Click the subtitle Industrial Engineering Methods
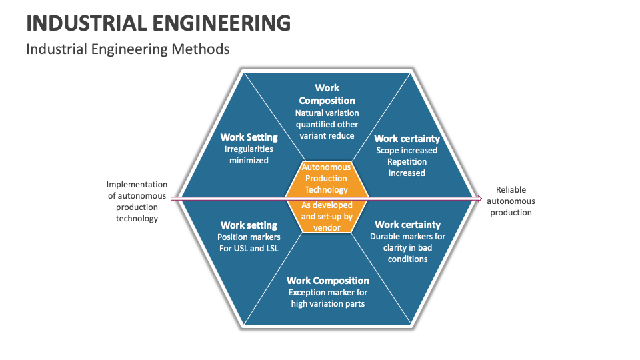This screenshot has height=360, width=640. [x=127, y=49]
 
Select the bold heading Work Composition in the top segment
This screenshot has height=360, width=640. [x=327, y=94]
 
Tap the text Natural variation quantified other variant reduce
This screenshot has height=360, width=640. [x=327, y=125]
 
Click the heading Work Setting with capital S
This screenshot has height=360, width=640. [x=249, y=137]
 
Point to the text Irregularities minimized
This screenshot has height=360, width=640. [x=249, y=155]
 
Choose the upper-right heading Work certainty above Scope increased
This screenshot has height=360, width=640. [x=407, y=139]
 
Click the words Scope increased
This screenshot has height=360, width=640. [x=407, y=151]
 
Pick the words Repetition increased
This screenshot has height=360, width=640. [x=407, y=167]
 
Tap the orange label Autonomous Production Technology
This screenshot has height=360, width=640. [x=326, y=178]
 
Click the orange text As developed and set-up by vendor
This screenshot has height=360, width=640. [x=326, y=217]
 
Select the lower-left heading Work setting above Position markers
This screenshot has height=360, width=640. [x=249, y=225]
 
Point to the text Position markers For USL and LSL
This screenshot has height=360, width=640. [x=249, y=243]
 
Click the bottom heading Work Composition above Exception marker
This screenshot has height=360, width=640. [x=327, y=281]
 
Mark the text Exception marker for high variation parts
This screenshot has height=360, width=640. [x=327, y=298]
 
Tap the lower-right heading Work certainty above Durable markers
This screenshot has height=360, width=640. [x=407, y=225]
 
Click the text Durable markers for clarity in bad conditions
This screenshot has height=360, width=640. [x=407, y=247]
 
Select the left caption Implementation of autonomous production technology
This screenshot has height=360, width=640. [x=137, y=201]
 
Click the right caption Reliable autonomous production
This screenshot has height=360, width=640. [x=511, y=201]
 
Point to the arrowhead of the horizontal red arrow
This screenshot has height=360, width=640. [x=478, y=198]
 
